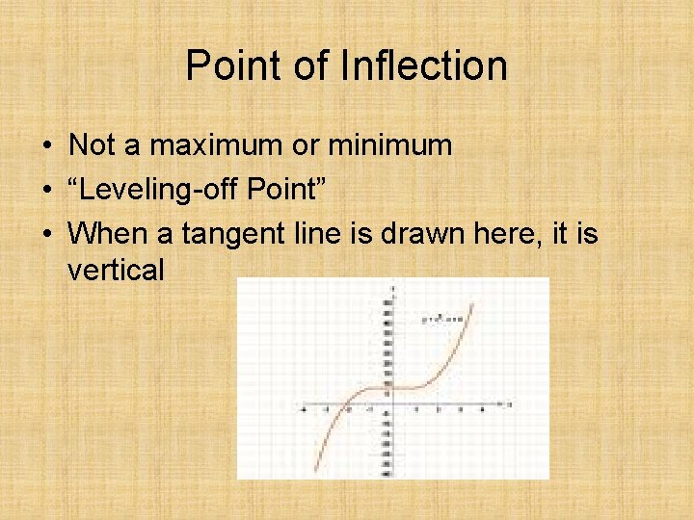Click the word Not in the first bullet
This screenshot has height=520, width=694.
93,145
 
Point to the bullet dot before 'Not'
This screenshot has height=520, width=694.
47,146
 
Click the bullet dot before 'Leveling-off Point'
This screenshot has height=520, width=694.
47,190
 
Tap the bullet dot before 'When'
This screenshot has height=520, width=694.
47,233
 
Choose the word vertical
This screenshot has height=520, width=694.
116,270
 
